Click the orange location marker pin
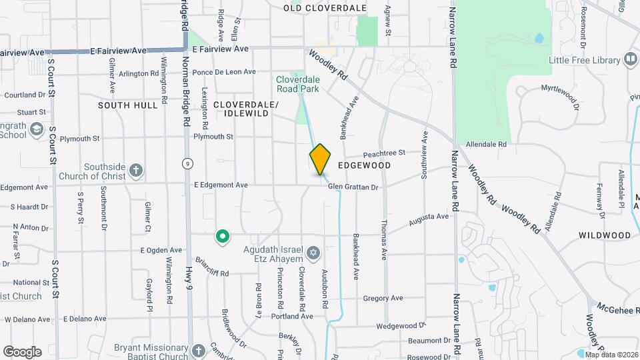[321, 159]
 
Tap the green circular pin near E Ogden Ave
[222, 236]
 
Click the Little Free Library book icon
[630, 60]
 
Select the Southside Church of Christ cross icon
[136, 171]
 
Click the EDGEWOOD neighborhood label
[364, 165]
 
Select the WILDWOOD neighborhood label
[605, 235]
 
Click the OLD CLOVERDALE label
[325, 8]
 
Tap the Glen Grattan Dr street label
[353, 187]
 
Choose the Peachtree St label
[383, 153]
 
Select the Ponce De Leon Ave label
[223, 72]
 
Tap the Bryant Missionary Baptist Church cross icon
[198, 351]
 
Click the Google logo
[22, 352]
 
